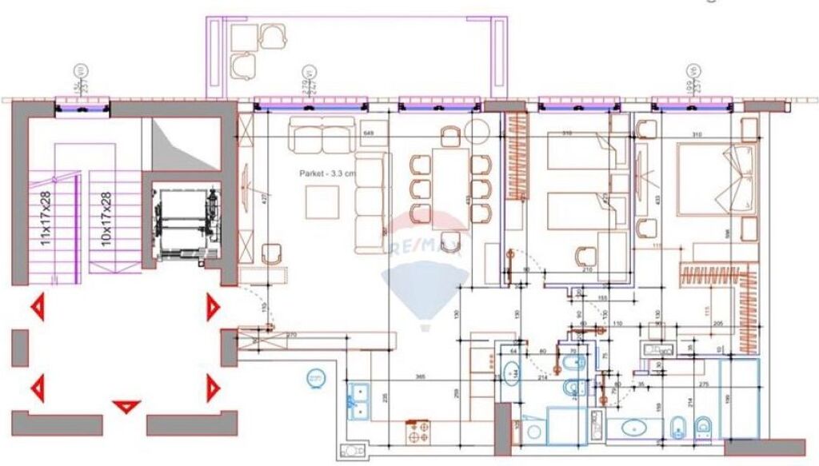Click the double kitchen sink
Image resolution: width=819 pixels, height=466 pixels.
[358, 400]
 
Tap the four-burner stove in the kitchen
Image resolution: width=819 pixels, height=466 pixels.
[418, 432]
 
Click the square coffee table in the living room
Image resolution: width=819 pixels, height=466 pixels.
[326, 201]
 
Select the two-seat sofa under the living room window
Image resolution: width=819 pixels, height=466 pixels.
[322, 135]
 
